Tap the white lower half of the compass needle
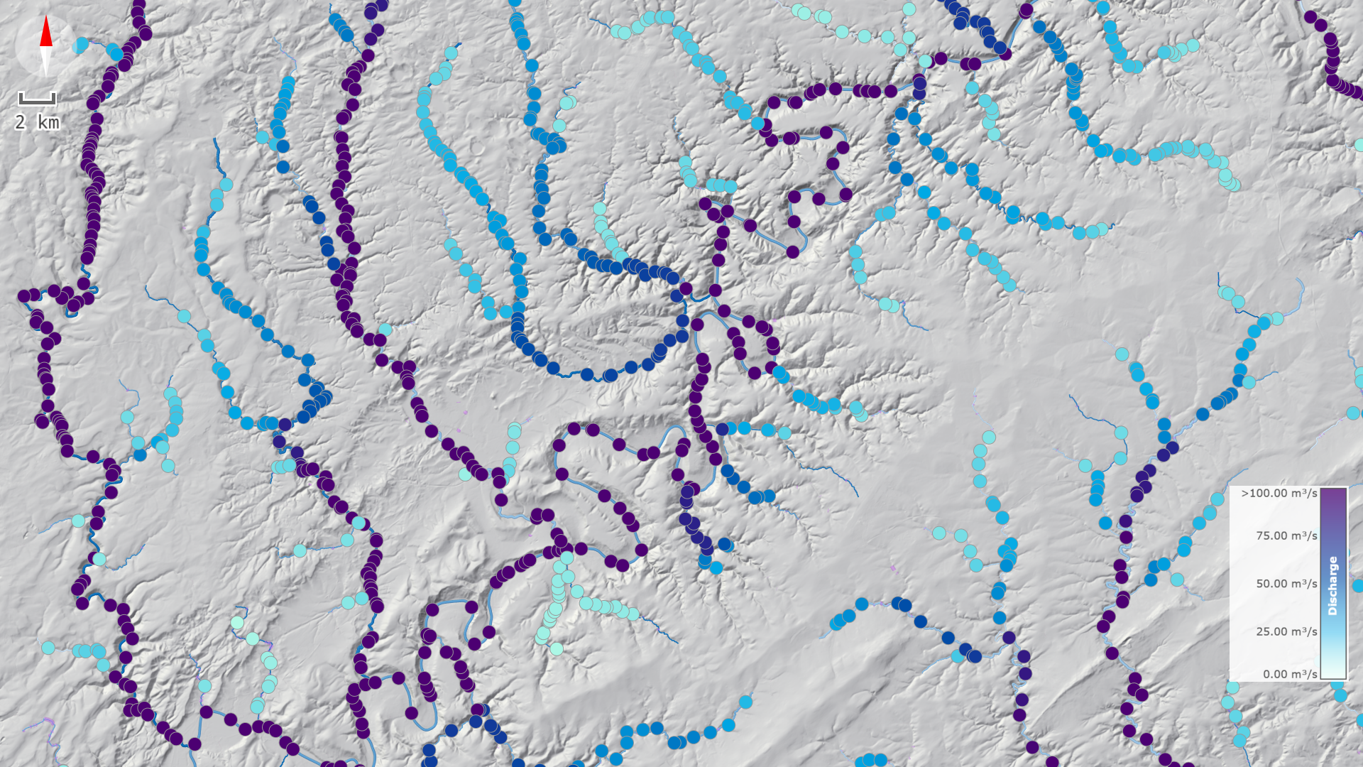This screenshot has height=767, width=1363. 46,60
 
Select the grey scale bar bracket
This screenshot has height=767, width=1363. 37,99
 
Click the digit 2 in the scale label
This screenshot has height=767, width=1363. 21,123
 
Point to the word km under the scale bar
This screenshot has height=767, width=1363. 48,123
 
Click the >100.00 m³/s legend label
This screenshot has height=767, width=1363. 1279,493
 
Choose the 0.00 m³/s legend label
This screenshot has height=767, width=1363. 1289,674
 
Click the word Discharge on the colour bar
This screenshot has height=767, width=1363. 1332,585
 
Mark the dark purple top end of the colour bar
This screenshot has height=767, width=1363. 1332,494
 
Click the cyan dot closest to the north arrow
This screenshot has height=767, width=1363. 82,45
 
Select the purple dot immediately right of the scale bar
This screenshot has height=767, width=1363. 94,102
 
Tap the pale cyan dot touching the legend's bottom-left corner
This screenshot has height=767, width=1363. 1233,687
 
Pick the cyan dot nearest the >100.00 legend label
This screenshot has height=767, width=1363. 1217,499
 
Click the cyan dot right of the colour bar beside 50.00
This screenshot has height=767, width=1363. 1358,587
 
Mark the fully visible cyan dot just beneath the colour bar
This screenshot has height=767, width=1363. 1340,695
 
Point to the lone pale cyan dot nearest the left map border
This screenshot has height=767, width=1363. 48,648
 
